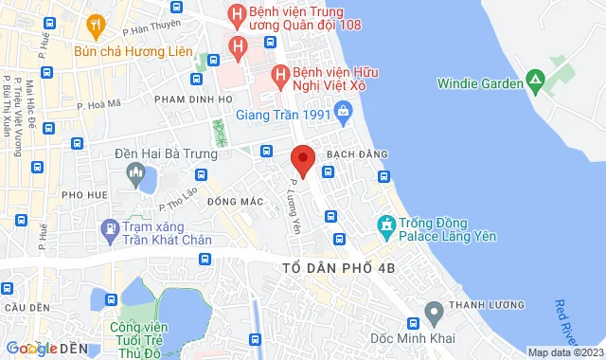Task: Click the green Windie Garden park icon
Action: (x=536, y=82)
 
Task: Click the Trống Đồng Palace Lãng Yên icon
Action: (x=385, y=225)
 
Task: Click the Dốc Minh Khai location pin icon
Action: (x=434, y=310)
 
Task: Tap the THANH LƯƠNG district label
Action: (x=482, y=305)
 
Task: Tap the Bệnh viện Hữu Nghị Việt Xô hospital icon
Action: (x=280, y=73)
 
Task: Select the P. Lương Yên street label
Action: (x=304, y=206)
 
